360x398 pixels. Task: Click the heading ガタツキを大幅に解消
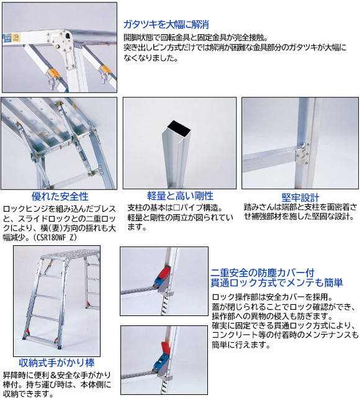[166, 24]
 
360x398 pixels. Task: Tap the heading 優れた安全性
[60, 196]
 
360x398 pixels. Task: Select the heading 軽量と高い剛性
[180, 196]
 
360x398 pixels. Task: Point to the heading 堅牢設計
[300, 197]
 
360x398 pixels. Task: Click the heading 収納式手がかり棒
[56, 363]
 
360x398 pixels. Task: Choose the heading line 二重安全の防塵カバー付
[263, 273]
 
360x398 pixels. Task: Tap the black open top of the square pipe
[179, 129]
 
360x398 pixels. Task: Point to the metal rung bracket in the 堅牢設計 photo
[302, 154]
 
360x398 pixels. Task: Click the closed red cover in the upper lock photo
[164, 273]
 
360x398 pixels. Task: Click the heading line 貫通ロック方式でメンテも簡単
[277, 283]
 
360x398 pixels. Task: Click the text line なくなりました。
[151, 58]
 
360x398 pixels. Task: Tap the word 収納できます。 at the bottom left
[28, 394]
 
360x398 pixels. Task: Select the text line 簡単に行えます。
[241, 345]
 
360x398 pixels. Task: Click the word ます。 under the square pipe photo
[137, 227]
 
